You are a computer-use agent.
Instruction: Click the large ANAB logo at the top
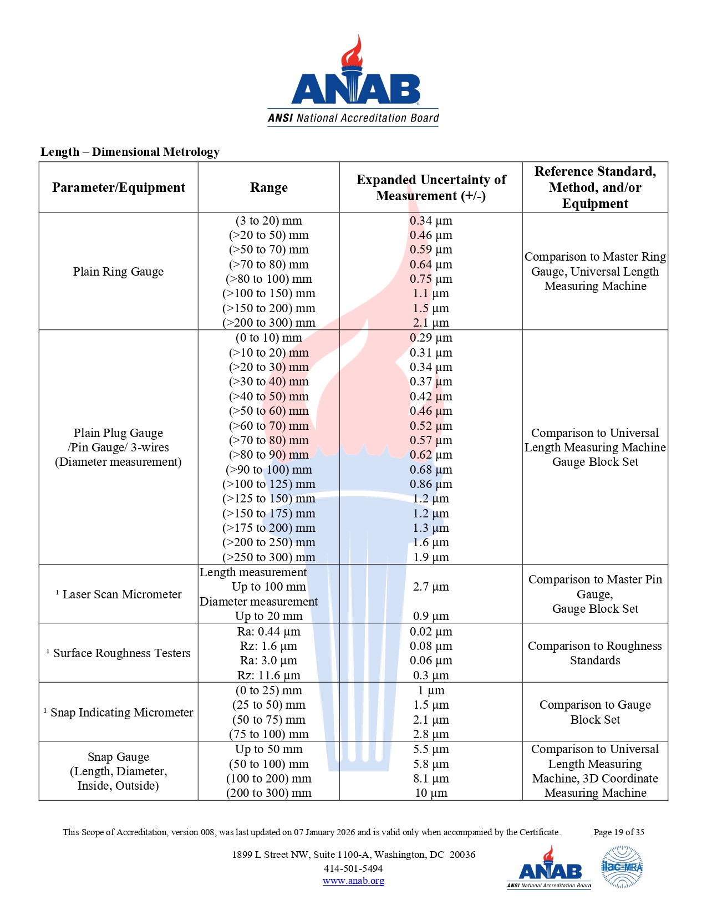(x=353, y=82)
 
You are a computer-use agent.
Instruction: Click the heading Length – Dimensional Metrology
(x=130, y=152)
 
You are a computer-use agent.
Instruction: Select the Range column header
(x=268, y=187)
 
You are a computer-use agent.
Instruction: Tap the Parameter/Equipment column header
(x=119, y=187)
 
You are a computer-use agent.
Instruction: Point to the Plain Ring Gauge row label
(x=118, y=272)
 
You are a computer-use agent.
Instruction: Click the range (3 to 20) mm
(x=268, y=221)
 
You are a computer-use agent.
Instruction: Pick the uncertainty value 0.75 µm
(x=431, y=279)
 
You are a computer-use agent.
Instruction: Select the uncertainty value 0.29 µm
(x=431, y=338)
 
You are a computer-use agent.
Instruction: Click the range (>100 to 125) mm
(x=268, y=484)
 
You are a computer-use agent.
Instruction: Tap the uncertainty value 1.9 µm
(x=431, y=557)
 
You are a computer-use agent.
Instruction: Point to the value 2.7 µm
(x=431, y=587)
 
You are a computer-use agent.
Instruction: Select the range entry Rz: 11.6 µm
(x=268, y=675)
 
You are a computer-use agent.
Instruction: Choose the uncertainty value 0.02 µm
(x=431, y=632)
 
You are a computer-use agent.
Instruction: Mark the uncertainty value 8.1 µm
(x=431, y=779)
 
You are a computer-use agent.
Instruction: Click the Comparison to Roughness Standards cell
(x=595, y=653)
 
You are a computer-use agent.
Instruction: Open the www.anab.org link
(x=353, y=881)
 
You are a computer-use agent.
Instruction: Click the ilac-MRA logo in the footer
(x=622, y=867)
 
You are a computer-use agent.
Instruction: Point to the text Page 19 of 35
(x=619, y=832)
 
